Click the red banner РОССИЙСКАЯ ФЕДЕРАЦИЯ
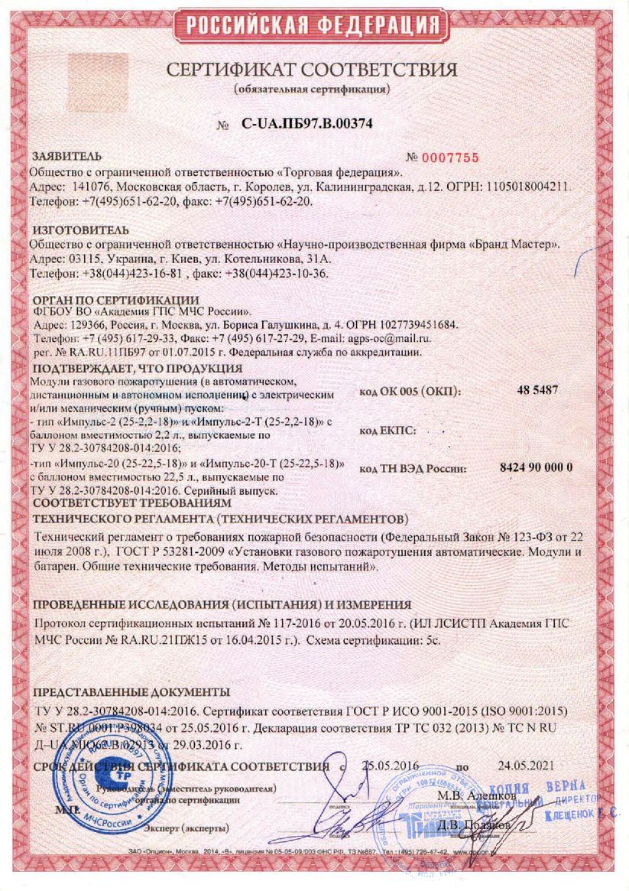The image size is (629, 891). pos(314,24)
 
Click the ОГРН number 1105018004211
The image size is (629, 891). pos(530,186)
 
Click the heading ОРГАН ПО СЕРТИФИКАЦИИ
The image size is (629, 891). pos(115,299)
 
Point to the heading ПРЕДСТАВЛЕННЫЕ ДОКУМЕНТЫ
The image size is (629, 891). pos(131,691)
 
